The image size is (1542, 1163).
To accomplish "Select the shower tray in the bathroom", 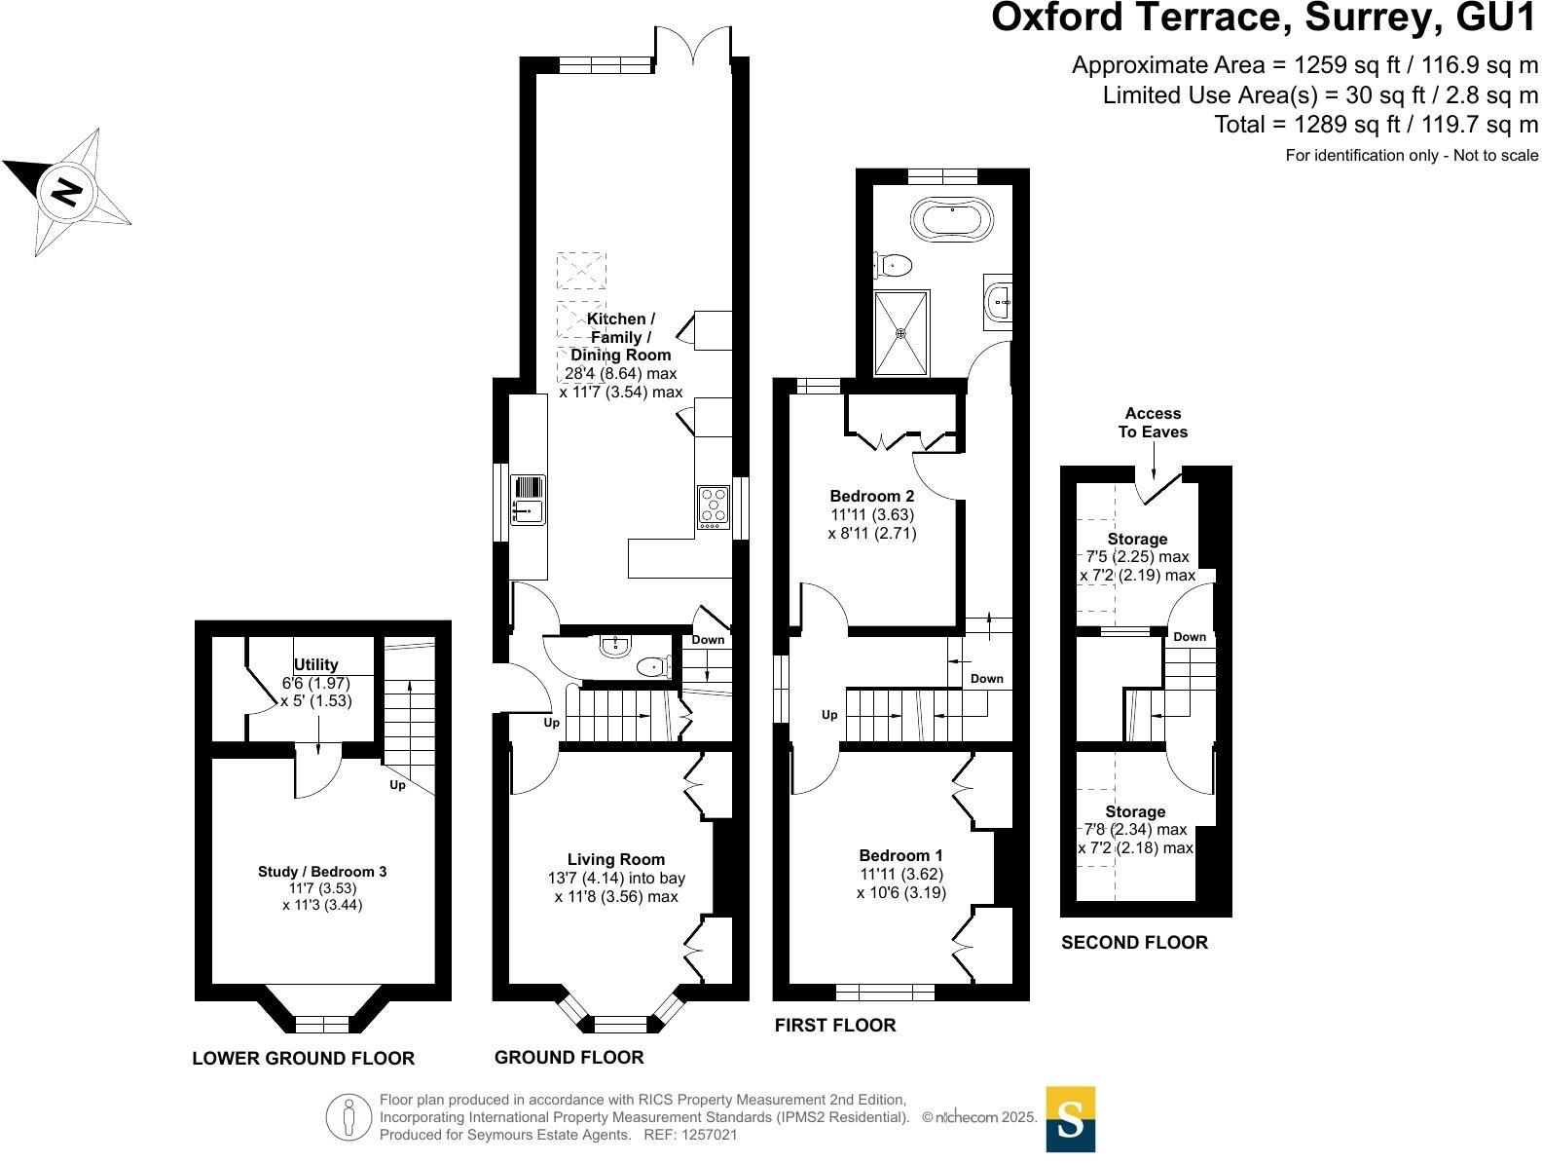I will point(900,333).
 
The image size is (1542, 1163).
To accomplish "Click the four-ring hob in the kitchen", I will point(714,506).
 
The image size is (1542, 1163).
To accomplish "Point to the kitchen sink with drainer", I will point(529,500).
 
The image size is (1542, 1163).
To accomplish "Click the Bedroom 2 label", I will point(871,496).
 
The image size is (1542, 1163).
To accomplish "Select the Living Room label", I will point(616,859).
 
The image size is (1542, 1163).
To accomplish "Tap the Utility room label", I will point(315,664).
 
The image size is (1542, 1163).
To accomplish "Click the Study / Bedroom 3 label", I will point(322,871).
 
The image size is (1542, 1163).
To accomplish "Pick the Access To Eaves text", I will point(1153,423).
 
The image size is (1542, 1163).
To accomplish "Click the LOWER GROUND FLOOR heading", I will point(303,1058).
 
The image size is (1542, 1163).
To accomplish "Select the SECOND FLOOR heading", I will point(1134,942).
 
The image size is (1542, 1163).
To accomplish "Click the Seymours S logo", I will point(1070,1119).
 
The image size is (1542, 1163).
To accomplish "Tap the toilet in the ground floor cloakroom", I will point(651,667).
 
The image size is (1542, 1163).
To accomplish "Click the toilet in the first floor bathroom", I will point(893,264).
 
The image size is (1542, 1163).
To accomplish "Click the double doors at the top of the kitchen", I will point(692,47).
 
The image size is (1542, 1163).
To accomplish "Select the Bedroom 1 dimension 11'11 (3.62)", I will point(900,874).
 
